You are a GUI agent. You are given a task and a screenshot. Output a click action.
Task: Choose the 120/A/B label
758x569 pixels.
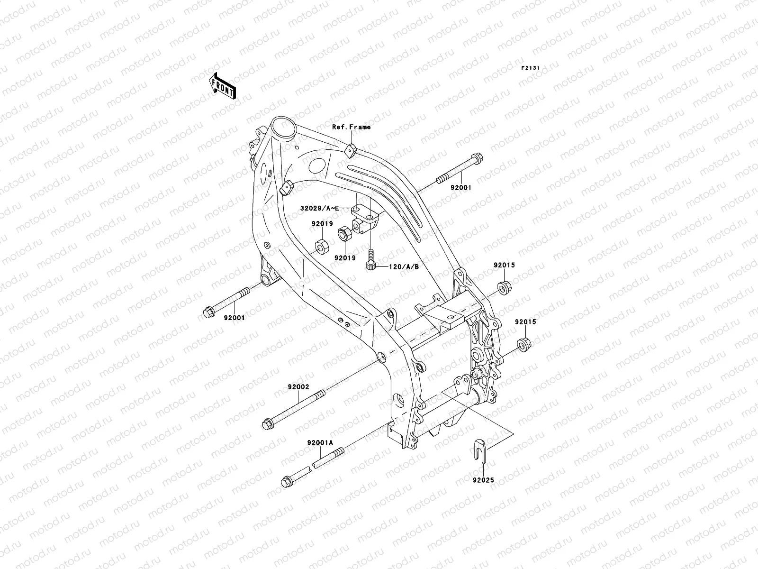coord(404,267)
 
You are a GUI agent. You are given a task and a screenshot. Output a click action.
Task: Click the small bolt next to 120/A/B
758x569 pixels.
coord(371,261)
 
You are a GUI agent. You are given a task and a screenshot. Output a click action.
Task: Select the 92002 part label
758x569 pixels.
coord(298,386)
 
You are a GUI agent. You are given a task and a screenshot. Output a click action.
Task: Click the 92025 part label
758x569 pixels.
coord(483,480)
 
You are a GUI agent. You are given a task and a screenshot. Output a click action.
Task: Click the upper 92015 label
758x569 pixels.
coord(504,265)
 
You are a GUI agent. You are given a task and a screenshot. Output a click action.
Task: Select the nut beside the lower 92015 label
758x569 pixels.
coord(523,343)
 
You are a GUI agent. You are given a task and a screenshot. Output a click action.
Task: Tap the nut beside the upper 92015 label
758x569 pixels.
coord(504,286)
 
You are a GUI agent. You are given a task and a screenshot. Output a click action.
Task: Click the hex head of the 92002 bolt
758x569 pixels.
coord(267,422)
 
